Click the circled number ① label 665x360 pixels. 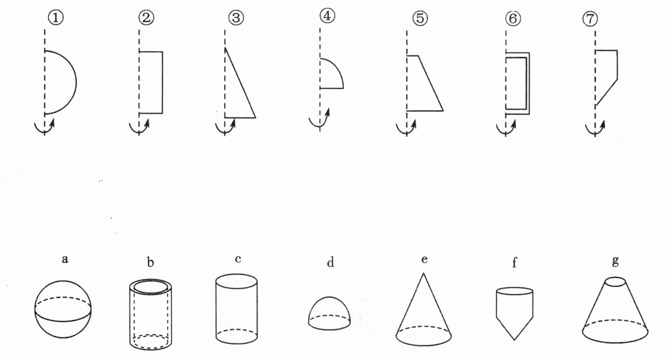tap(56, 18)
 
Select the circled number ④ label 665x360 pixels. tap(327, 16)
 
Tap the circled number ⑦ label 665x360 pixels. tap(590, 19)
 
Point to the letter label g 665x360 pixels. tap(615, 260)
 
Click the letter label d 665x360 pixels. tap(330, 262)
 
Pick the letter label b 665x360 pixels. tap(151, 262)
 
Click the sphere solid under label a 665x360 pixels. tap(63, 309)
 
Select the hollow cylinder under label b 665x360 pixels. tap(151, 314)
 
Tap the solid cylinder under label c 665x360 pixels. tap(237, 309)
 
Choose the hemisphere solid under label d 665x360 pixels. tap(329, 313)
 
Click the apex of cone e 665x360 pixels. tap(424, 273)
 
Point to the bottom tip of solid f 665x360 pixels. tap(514, 340)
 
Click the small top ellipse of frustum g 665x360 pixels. tap(615, 282)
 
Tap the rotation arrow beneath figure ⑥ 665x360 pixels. tap(506, 127)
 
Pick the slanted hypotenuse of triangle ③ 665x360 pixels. tap(240, 82)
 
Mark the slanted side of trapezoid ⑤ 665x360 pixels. tap(431, 83)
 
